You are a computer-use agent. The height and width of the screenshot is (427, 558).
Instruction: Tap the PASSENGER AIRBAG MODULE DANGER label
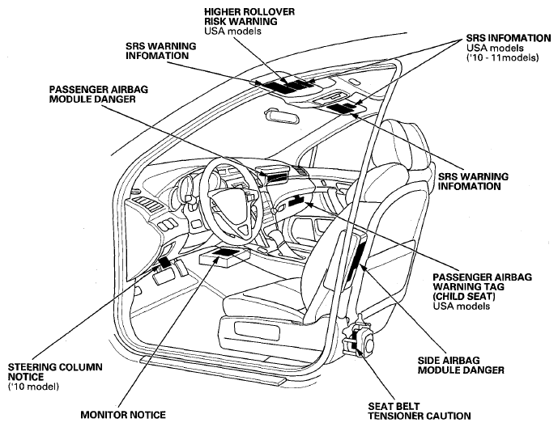[99, 94]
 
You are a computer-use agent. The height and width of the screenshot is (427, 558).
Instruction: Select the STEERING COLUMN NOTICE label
[55, 371]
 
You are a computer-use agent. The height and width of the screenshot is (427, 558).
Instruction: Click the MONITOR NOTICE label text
[123, 415]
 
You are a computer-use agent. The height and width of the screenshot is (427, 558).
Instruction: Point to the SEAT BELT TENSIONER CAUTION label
[420, 411]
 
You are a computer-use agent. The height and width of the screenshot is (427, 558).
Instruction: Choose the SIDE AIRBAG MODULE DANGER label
[461, 366]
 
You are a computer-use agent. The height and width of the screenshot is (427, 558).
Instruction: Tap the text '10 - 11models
[502, 57]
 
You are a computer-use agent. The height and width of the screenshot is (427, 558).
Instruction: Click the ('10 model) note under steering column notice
[33, 387]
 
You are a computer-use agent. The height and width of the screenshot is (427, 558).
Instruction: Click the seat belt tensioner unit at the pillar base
[360, 338]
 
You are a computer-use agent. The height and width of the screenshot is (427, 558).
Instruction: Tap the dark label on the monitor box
[226, 252]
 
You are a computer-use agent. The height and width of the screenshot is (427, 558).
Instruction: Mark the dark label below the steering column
[165, 263]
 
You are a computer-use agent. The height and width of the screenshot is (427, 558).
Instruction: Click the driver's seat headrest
[405, 142]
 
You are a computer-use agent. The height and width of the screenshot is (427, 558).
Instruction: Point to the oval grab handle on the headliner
[282, 116]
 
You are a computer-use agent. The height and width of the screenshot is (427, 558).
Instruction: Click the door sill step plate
[213, 370]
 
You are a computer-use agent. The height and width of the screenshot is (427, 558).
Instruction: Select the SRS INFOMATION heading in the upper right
[509, 38]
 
